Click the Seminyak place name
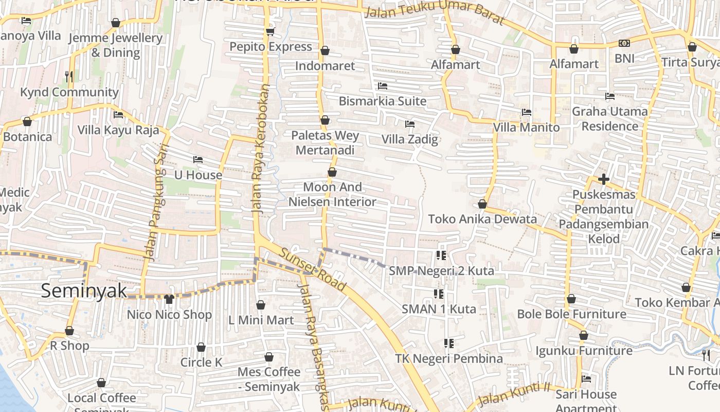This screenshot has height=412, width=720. pyautogui.click(x=84, y=291)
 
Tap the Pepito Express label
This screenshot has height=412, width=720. pyautogui.click(x=271, y=47)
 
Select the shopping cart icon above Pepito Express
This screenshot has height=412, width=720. pyautogui.click(x=270, y=32)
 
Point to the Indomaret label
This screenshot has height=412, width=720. pyautogui.click(x=325, y=66)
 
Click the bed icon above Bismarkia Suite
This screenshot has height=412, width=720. pyautogui.click(x=382, y=86)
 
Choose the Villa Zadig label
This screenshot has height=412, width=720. pyautogui.click(x=410, y=139)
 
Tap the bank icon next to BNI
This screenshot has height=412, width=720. pyautogui.click(x=624, y=44)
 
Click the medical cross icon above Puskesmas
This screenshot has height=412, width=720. pyautogui.click(x=604, y=180)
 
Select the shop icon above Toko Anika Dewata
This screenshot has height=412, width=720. pyautogui.click(x=482, y=204)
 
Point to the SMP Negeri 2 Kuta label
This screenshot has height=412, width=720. pyautogui.click(x=441, y=271)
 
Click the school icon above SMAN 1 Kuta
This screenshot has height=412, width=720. pyautogui.click(x=439, y=294)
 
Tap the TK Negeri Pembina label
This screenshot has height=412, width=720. pyautogui.click(x=449, y=358)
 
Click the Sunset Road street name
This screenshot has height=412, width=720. pyautogui.click(x=312, y=268)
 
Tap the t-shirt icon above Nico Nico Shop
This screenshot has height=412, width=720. pyautogui.click(x=169, y=299)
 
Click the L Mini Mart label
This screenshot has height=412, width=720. pyautogui.click(x=261, y=320)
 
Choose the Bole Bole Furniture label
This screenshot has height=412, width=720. pyautogui.click(x=571, y=314)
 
